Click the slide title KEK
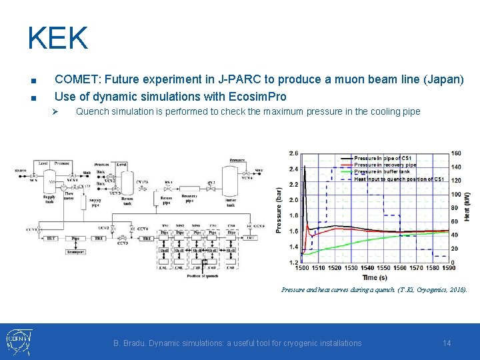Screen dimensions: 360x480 [x=57, y=38]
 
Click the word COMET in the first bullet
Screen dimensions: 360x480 [x=75, y=79]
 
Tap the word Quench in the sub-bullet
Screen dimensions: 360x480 [x=92, y=111]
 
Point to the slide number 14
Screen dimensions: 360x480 [x=447, y=343]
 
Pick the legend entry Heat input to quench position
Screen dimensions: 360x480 [x=399, y=179]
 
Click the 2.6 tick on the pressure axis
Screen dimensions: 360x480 [x=294, y=153]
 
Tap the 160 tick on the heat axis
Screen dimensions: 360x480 [x=456, y=153]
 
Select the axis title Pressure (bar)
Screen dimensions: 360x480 [x=279, y=209]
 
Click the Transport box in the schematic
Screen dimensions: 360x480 [x=75, y=251]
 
